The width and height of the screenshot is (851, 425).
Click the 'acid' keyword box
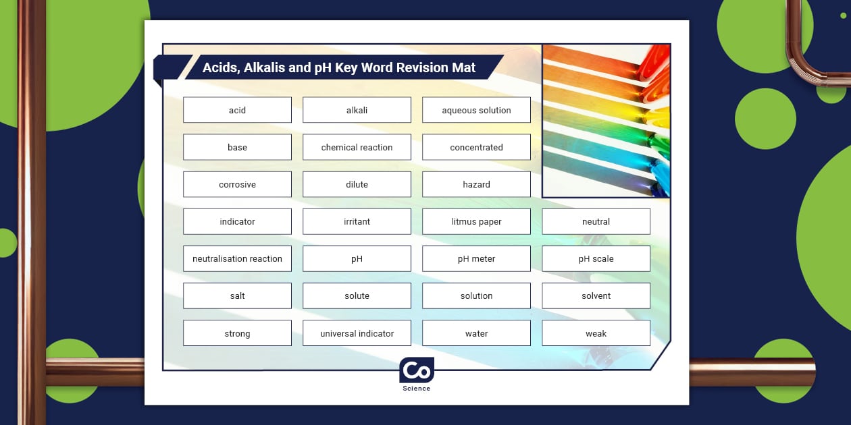(x=237, y=110)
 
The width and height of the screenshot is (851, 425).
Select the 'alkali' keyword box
(x=357, y=110)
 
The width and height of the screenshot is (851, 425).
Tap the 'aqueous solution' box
(x=476, y=110)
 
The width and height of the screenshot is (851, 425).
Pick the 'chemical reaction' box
(x=357, y=147)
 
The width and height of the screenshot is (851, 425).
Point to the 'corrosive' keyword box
(x=237, y=184)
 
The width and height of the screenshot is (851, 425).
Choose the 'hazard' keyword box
(x=476, y=184)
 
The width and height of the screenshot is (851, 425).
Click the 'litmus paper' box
(x=476, y=221)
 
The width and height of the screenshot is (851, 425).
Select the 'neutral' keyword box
(x=596, y=221)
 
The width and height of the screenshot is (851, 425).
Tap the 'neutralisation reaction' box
(x=237, y=258)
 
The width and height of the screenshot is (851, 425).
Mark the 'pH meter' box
(x=476, y=258)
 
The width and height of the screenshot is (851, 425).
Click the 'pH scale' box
(x=596, y=258)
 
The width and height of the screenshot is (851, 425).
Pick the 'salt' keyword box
(x=237, y=295)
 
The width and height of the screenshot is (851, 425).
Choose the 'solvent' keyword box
(x=596, y=295)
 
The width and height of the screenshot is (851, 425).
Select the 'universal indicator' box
(x=357, y=333)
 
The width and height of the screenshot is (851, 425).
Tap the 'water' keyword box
(x=476, y=333)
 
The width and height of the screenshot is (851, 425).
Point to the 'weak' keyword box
(x=596, y=333)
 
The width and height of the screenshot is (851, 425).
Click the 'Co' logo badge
(x=416, y=370)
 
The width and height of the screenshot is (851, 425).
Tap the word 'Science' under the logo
(x=416, y=389)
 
